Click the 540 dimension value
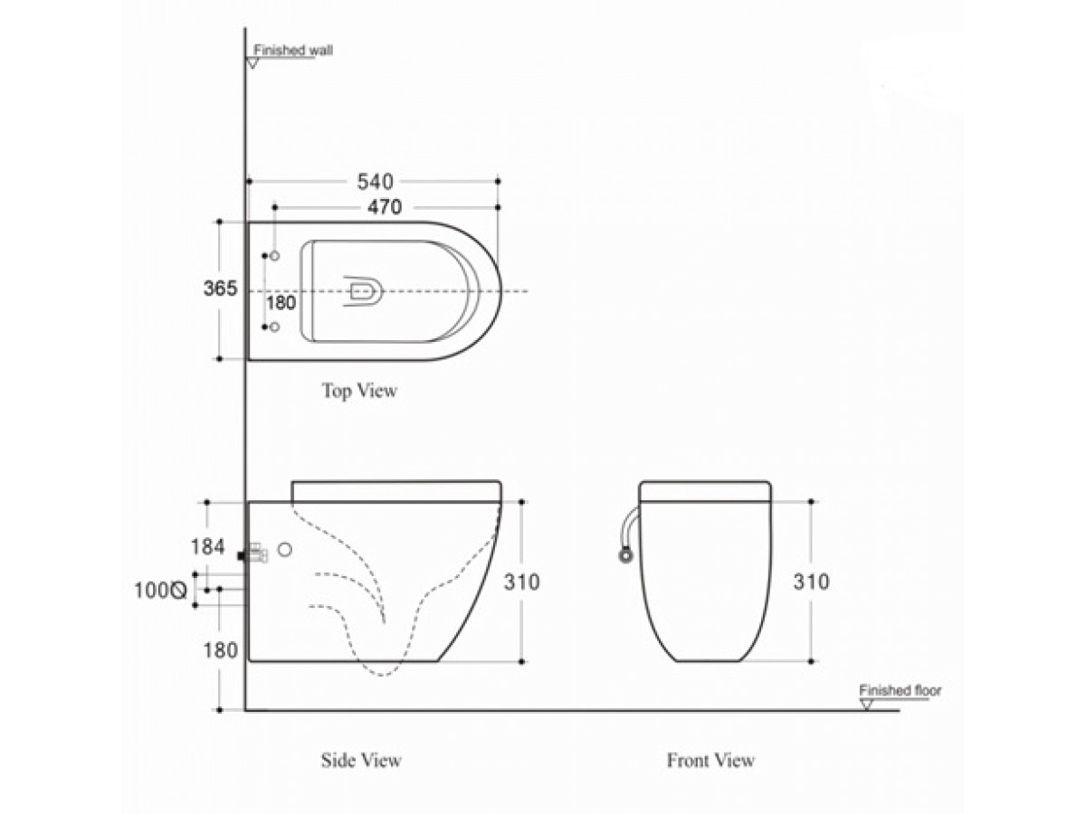(375, 182)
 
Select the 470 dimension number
(385, 207)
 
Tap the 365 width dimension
(220, 289)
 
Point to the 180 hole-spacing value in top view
(281, 302)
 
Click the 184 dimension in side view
(208, 546)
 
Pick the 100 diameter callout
(160, 590)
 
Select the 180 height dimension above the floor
(220, 650)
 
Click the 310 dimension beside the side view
(521, 582)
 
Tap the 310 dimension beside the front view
(812, 582)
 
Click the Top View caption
(359, 391)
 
